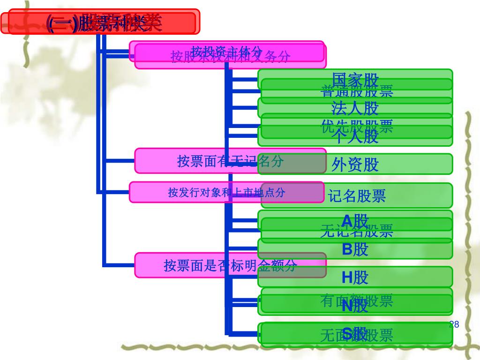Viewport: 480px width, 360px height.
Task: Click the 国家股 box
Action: pos(355,78)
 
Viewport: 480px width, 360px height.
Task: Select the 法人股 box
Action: pos(355,108)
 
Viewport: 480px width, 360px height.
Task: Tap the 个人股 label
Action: pos(355,137)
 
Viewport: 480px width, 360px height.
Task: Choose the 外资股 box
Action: pos(355,164)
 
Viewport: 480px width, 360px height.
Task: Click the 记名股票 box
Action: pos(357,195)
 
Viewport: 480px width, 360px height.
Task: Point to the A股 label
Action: pos(355,220)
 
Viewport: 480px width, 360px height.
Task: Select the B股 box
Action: pos(355,249)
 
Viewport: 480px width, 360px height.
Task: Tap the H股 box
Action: pos(355,277)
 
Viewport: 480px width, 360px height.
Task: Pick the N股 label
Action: pos(355,306)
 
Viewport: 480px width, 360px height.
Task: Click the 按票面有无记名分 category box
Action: pos(230,161)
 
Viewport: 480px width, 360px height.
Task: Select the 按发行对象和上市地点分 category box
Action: pos(226,192)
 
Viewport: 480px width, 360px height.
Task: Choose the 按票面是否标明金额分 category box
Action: pos(230,265)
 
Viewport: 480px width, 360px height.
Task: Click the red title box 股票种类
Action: pos(100,22)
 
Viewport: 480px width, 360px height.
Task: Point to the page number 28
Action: pos(453,325)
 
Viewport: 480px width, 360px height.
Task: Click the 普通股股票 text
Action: pos(357,91)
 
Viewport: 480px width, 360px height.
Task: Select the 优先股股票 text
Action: pos(357,126)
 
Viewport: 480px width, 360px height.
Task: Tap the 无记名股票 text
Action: pos(357,231)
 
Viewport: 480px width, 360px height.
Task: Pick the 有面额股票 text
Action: pos(357,300)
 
